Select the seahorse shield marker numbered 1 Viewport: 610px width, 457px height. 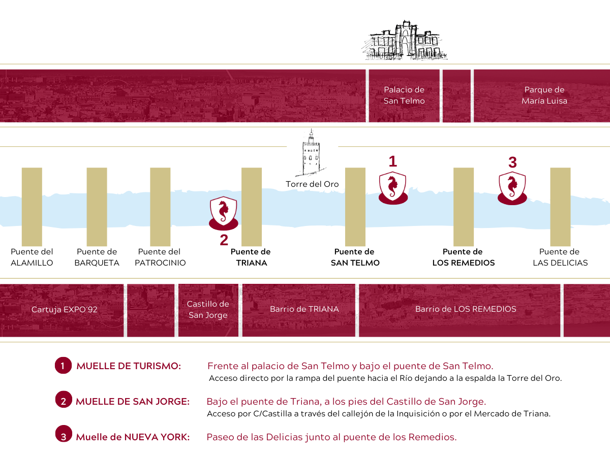pos(393,188)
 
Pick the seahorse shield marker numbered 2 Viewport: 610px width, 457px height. pos(224,213)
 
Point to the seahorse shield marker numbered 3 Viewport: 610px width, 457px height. pos(512,188)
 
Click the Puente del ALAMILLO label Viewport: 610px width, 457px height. pos(32,257)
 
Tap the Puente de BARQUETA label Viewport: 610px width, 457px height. pos(97,257)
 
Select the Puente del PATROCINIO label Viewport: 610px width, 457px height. pos(160,257)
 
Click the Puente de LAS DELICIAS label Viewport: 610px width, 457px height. pos(560,257)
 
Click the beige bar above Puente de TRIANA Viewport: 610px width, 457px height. pos(252,207)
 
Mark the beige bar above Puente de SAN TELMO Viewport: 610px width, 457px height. pos(355,207)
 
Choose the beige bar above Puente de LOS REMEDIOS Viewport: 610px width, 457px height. pos(464,207)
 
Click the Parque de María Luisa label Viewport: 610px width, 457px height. pos(544,95)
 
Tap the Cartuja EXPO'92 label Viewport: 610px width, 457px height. pos(64,309)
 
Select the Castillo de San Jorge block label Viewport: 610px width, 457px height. pos(208,309)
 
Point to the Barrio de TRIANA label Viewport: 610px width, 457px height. pos(304,309)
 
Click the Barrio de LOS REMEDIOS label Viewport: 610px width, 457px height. pos(466,309)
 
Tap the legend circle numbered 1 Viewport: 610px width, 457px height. pos(63,366)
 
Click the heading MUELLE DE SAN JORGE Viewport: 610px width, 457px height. pos(133,402)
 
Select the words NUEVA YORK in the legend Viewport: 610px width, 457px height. pos(157,437)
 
